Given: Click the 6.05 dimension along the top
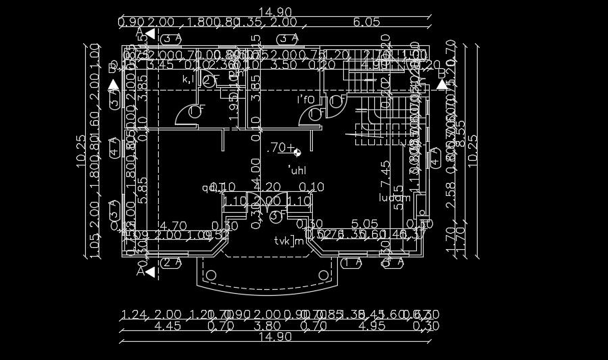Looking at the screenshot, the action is (x=367, y=22).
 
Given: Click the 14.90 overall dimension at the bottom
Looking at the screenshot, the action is (x=274, y=336).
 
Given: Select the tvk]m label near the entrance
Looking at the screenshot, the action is (x=289, y=241).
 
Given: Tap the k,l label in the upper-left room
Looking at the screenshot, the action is (x=189, y=79).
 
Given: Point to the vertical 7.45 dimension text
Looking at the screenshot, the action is (x=385, y=174).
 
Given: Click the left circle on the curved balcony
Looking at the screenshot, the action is (x=211, y=275).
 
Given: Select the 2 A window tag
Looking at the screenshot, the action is (x=172, y=263).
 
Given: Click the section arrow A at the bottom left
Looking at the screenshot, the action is (x=145, y=272).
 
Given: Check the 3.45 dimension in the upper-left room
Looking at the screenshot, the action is (x=161, y=65).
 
